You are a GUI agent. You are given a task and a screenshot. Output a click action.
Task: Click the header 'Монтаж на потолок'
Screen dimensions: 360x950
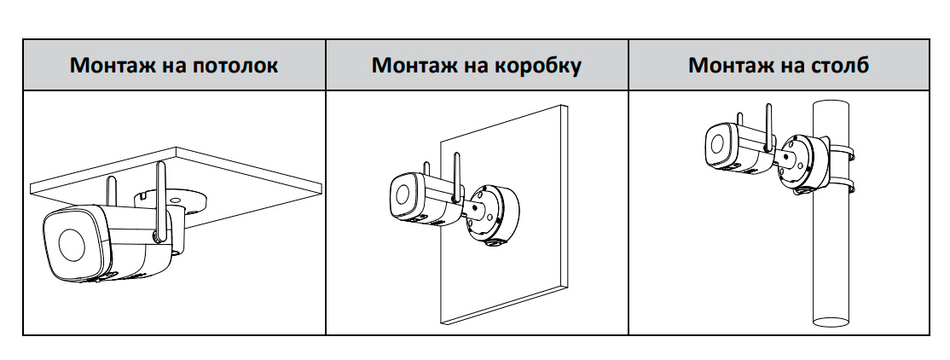(174, 66)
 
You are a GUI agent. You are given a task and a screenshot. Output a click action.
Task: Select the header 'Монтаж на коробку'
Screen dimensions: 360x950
(477, 66)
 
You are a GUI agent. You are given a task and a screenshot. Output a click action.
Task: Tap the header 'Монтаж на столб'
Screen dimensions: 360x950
(779, 66)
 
